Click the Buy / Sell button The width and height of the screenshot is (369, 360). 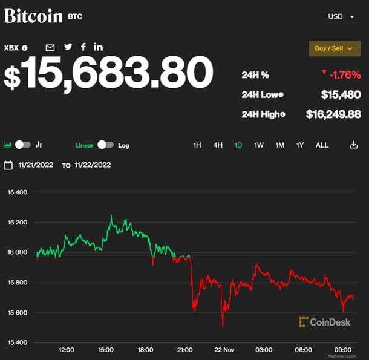pyautogui.click(x=335, y=48)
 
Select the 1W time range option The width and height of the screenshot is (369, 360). pyautogui.click(x=259, y=145)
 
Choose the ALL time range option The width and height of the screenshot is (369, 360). pyautogui.click(x=322, y=145)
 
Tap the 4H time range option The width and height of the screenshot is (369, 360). pyautogui.click(x=218, y=145)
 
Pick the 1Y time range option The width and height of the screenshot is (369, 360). pyautogui.click(x=300, y=145)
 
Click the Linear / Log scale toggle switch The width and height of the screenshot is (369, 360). pyautogui.click(x=105, y=145)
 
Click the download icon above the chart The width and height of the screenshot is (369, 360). pyautogui.click(x=354, y=145)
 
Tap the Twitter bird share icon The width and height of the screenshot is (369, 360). pyautogui.click(x=68, y=47)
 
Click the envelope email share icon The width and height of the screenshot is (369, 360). pyautogui.click(x=50, y=47)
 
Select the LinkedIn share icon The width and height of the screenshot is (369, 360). pyautogui.click(x=99, y=47)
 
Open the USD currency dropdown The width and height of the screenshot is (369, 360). pyautogui.click(x=341, y=16)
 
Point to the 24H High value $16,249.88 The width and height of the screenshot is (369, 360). pyautogui.click(x=333, y=114)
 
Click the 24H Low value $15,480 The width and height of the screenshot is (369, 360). pyautogui.click(x=341, y=94)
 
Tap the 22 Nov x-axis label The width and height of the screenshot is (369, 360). pyautogui.click(x=224, y=350)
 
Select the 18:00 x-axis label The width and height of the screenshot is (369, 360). pyautogui.click(x=145, y=350)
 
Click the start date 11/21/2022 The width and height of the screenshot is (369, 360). pyautogui.click(x=36, y=165)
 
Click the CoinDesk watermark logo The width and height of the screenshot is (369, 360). pyautogui.click(x=325, y=322)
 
